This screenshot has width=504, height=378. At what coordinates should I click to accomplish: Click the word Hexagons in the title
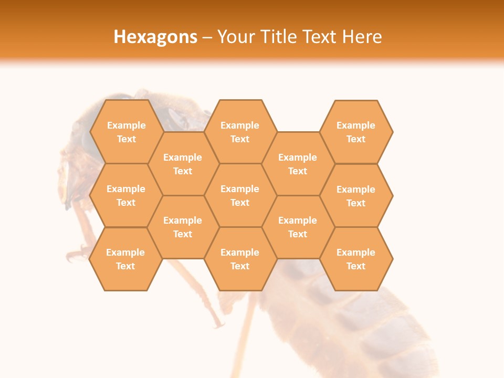[155, 37]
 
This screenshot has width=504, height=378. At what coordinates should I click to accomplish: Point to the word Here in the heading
[362, 37]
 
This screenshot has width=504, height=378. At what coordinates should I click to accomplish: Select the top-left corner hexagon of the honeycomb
[126, 132]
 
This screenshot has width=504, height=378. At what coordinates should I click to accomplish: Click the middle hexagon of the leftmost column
[126, 195]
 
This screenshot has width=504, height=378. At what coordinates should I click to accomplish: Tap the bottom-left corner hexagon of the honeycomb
[125, 259]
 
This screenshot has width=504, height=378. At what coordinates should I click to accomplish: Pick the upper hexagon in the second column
[183, 164]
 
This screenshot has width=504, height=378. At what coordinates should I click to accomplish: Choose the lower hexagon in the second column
[183, 227]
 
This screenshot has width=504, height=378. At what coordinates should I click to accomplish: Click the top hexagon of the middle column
[240, 132]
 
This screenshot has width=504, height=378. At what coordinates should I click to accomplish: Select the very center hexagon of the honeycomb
[240, 195]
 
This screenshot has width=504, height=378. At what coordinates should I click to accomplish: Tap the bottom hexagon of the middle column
[240, 259]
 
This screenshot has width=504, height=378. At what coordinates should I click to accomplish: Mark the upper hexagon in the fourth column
[298, 164]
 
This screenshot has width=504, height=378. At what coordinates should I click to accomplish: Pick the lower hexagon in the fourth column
[298, 227]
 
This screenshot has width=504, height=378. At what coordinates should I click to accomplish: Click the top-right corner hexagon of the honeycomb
[356, 132]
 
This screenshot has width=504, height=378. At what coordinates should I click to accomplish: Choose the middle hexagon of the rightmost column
[356, 196]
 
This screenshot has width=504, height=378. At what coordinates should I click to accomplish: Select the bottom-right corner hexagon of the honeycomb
[356, 259]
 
